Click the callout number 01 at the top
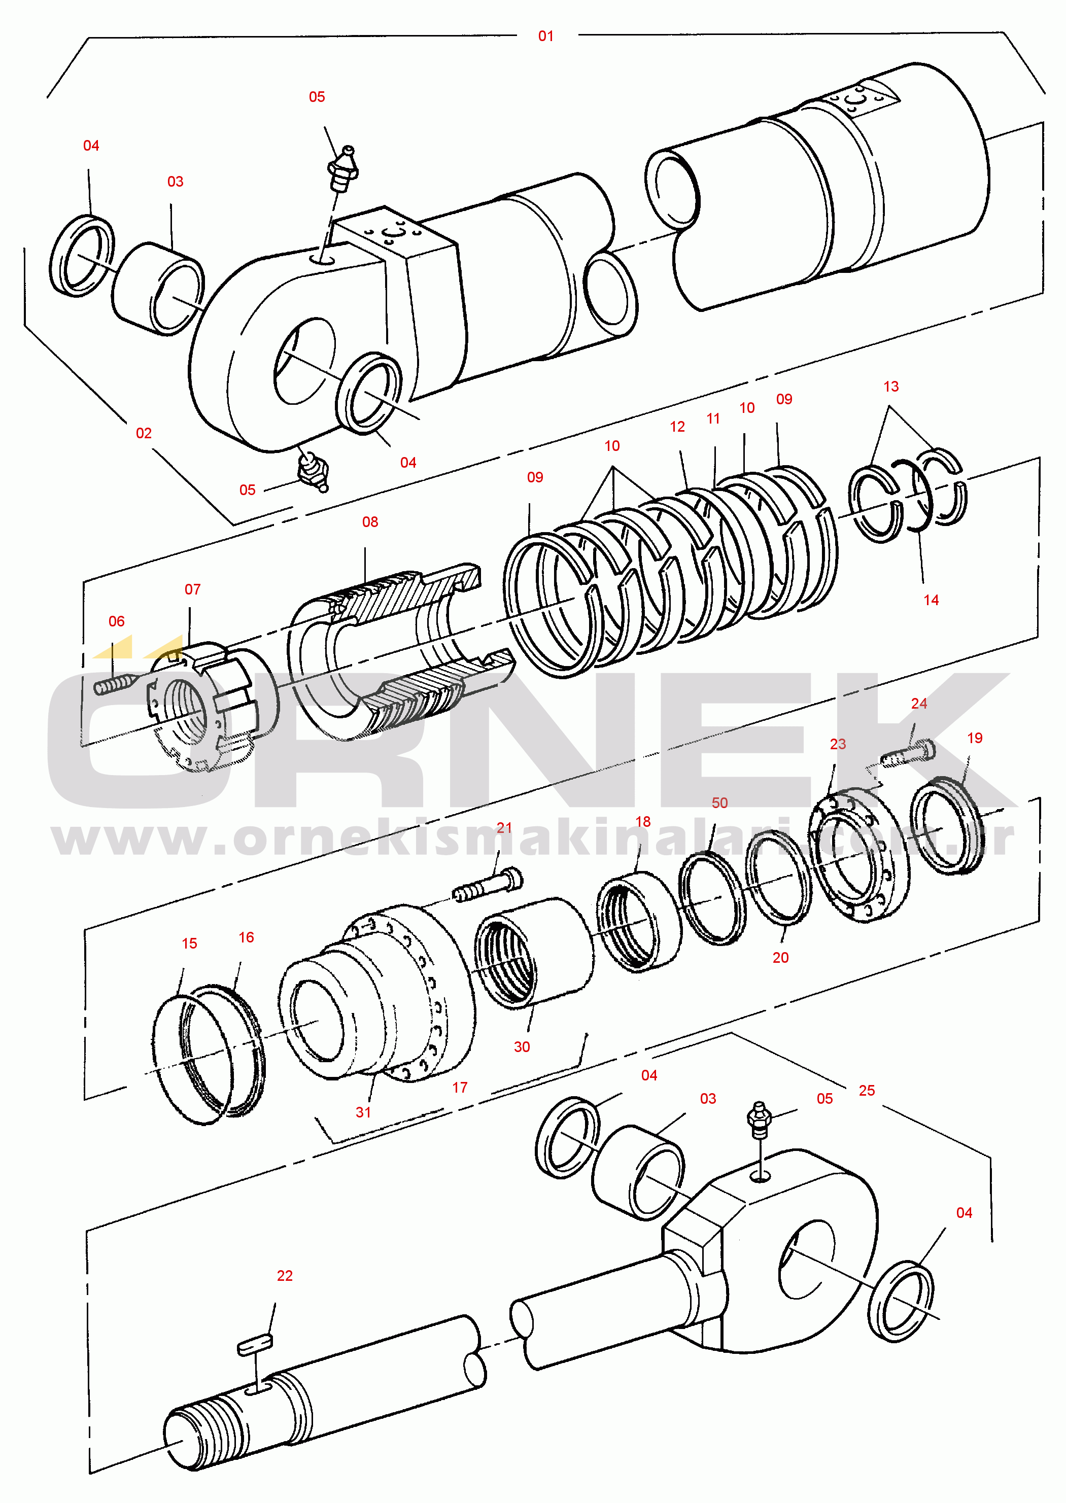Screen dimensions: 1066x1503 coord(545,36)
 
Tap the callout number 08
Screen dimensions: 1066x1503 coord(370,521)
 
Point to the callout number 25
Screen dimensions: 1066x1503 coord(867,1091)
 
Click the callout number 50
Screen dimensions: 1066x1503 coord(719,803)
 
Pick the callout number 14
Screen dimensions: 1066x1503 coord(931,600)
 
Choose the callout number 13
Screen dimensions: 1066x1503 coord(891,387)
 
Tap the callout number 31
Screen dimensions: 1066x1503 coord(363,1112)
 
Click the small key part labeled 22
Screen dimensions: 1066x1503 coord(255,1346)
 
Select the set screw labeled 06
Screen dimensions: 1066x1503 coord(114,685)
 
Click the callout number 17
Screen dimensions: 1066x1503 coord(460,1088)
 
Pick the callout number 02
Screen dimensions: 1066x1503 coord(144,433)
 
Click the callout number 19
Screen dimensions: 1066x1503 coord(975,738)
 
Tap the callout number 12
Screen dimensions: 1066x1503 coord(677,427)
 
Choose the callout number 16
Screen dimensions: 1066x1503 coord(246,937)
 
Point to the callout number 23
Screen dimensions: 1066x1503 coord(838,744)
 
